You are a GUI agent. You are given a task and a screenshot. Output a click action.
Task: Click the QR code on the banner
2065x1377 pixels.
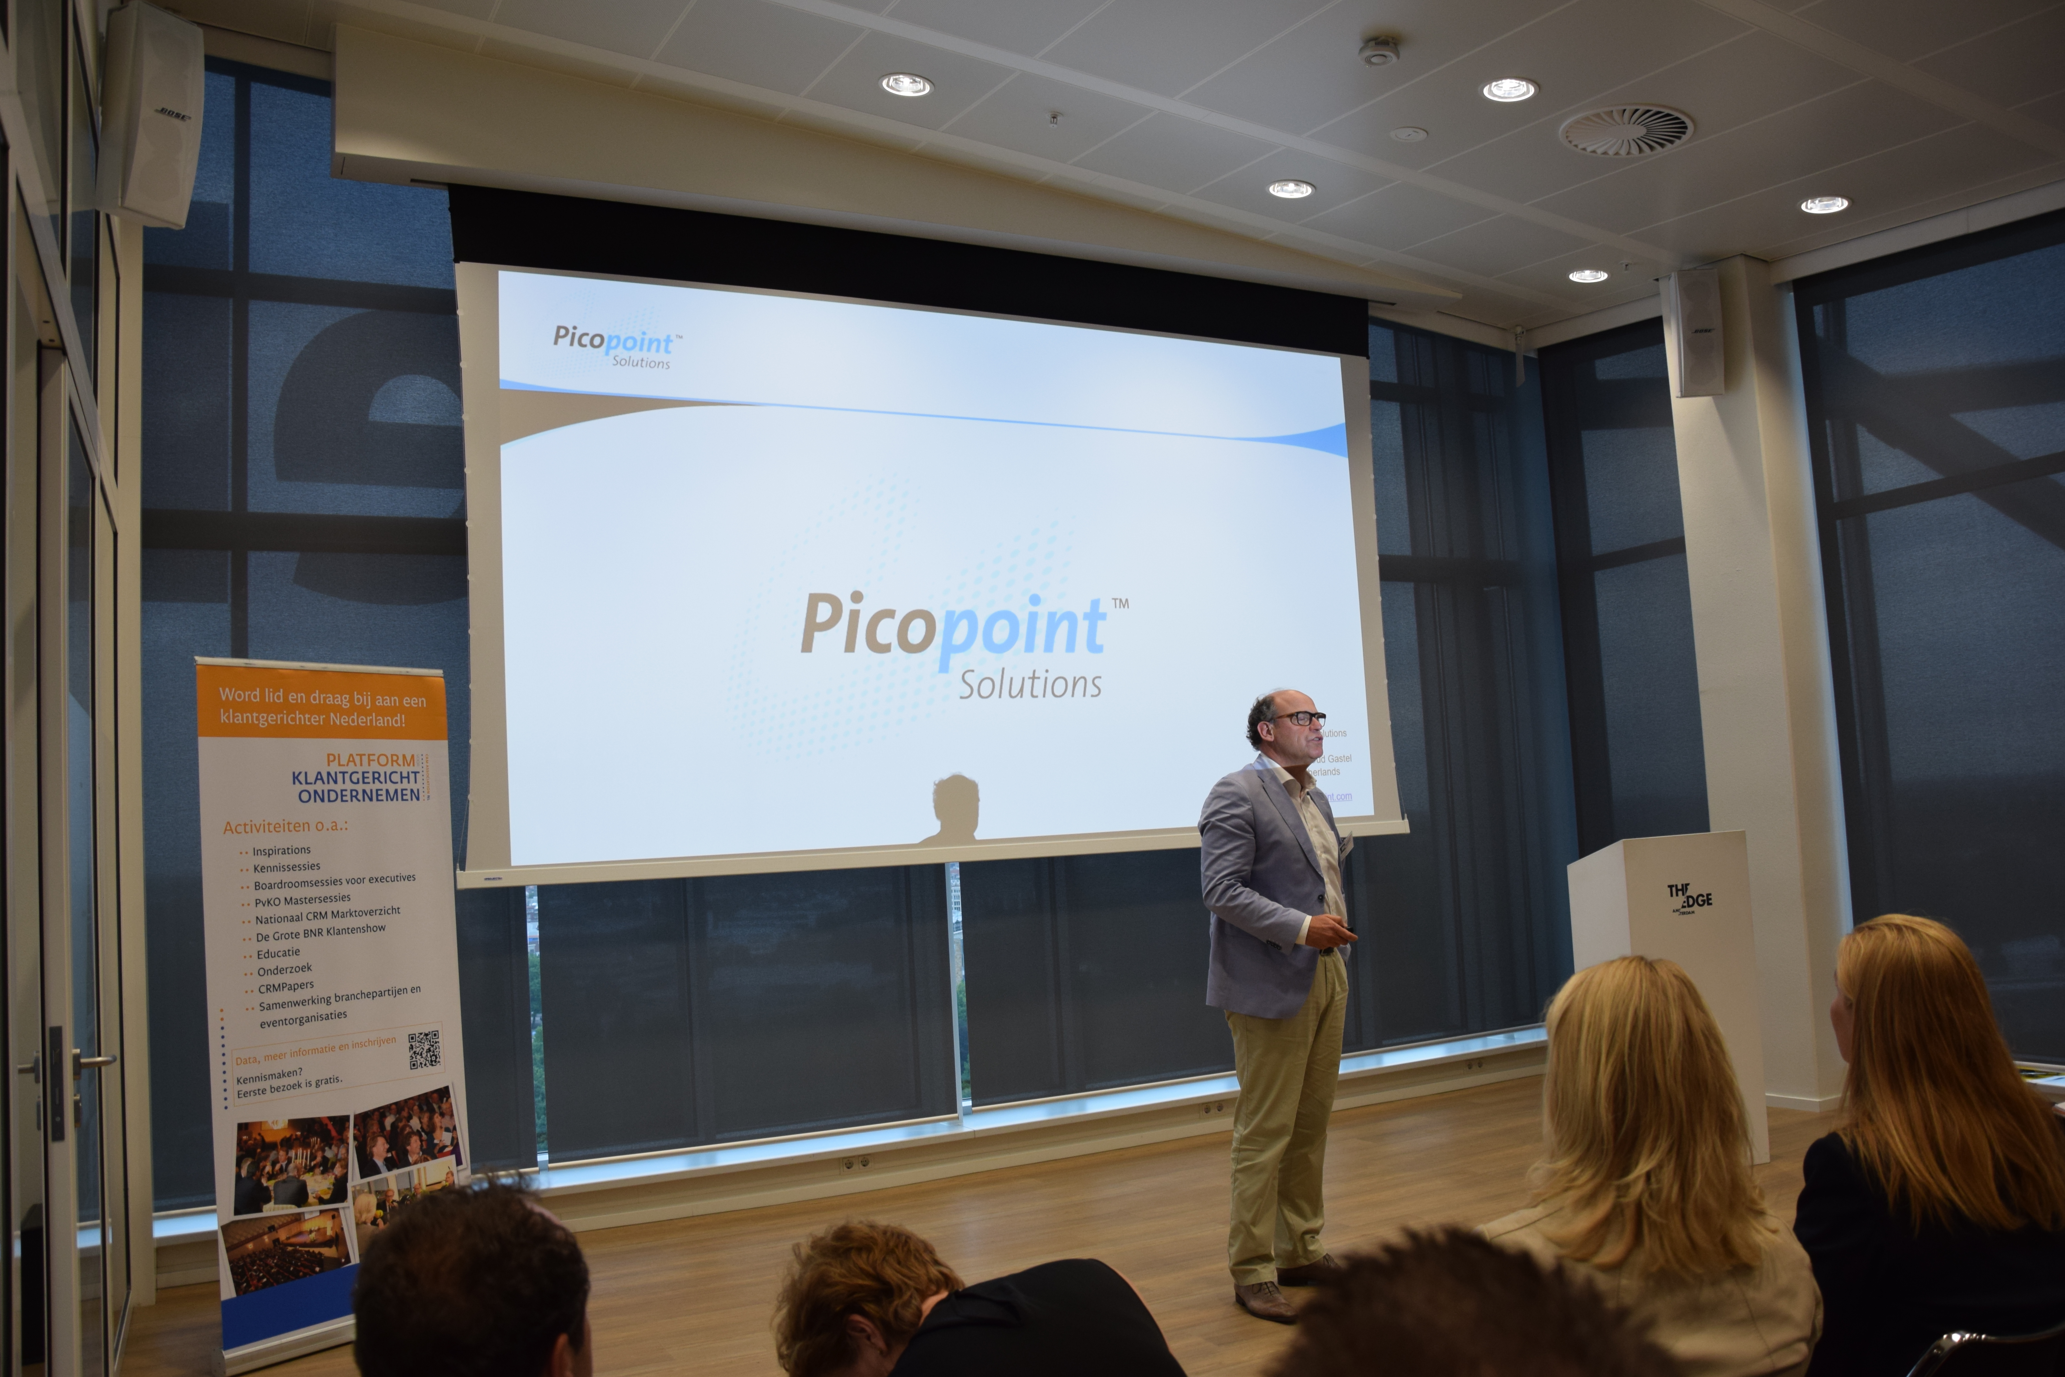[x=424, y=1049]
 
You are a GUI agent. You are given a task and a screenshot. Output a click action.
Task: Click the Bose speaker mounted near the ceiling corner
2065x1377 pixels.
[x=151, y=114]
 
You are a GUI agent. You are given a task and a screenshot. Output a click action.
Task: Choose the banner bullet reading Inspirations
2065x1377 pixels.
[x=281, y=850]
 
